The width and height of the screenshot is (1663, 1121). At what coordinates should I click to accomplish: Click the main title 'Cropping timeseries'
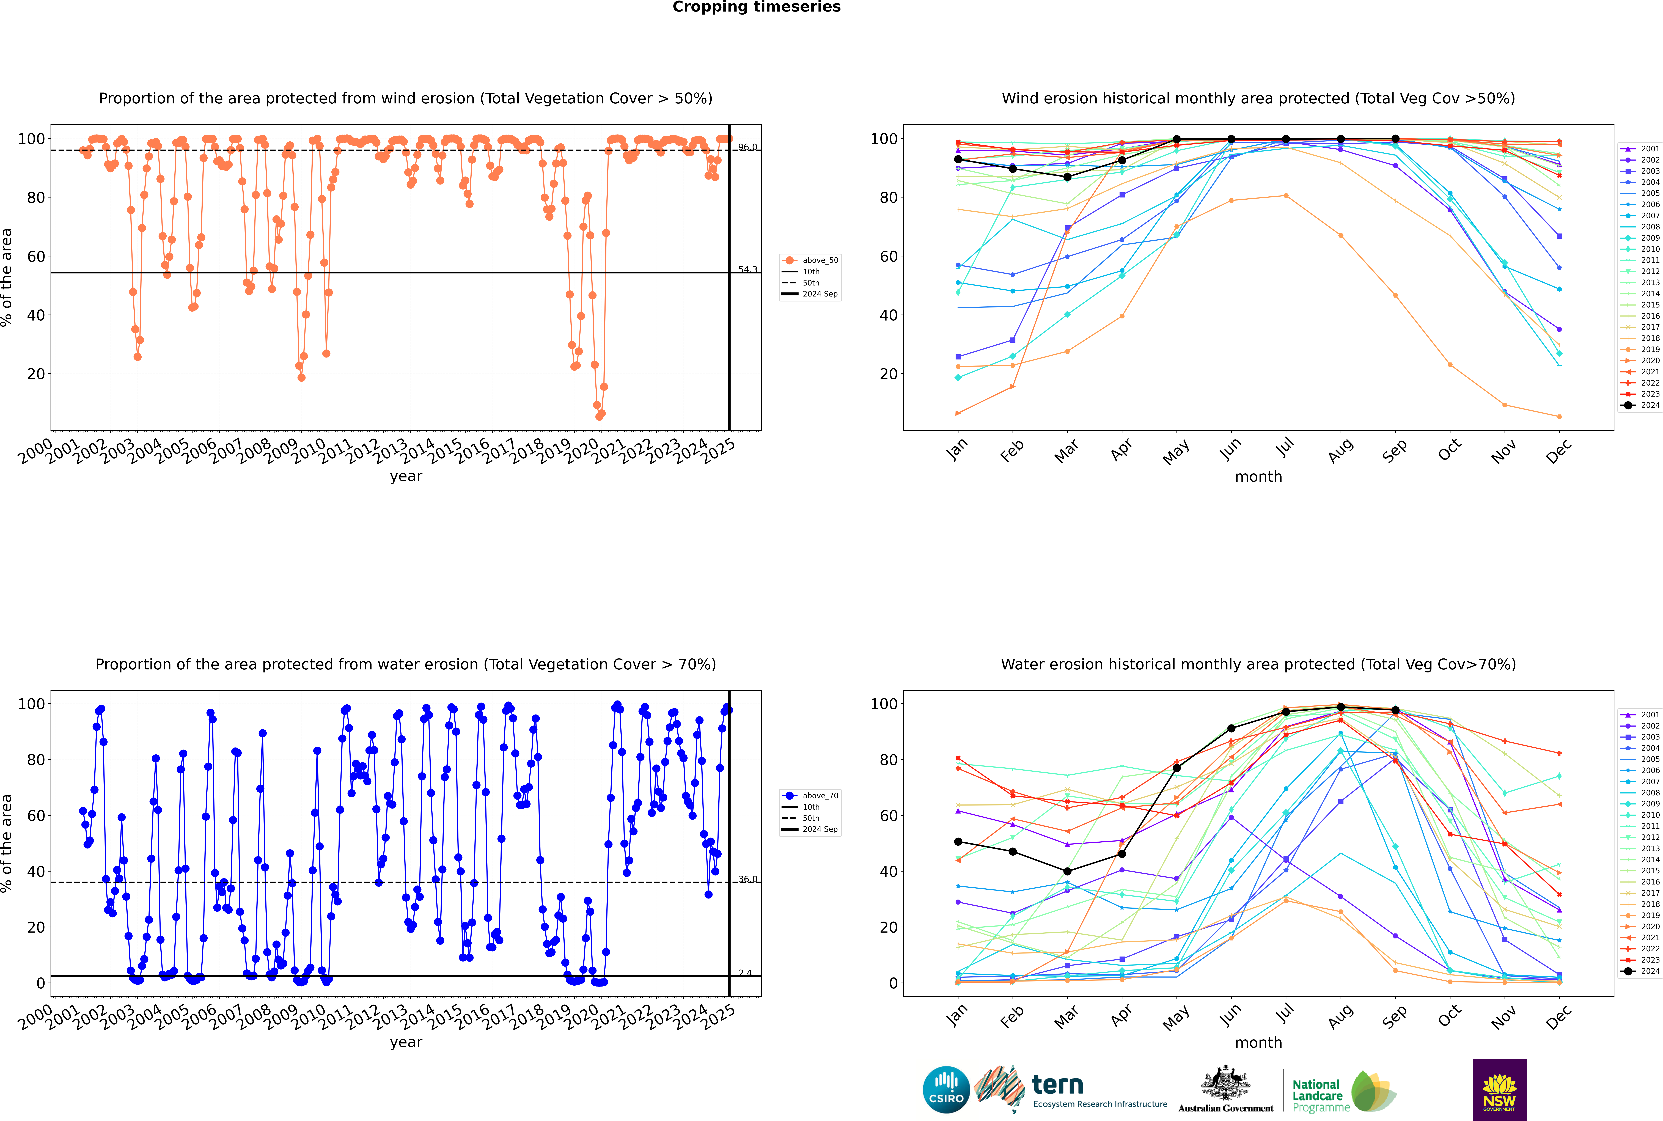pos(756,7)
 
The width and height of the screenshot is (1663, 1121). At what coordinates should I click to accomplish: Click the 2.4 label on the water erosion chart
pos(745,973)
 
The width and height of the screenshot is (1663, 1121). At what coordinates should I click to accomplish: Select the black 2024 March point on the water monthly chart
pos(1067,872)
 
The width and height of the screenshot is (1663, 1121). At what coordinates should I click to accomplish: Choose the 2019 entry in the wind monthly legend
pos(1650,350)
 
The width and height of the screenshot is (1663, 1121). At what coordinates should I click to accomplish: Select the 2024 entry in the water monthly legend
pos(1650,971)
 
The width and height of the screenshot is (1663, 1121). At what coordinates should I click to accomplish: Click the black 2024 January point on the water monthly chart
pos(958,842)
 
